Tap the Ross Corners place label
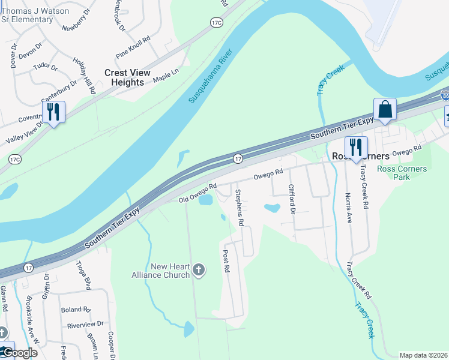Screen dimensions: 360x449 [x=361, y=156]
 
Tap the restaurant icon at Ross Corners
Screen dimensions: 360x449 [x=355, y=147]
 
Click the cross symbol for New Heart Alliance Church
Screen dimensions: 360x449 [x=199, y=271]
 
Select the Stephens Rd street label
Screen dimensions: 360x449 [x=240, y=208]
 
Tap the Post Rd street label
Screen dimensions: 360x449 [x=226, y=262]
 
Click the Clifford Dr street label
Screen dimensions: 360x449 [x=292, y=200]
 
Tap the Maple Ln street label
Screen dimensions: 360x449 [x=166, y=76]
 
